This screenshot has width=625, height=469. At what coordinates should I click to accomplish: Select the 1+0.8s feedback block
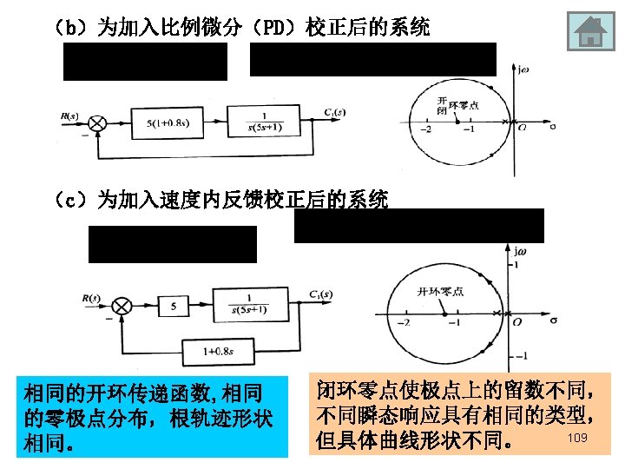coord(221,352)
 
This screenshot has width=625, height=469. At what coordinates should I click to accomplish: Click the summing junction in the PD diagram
coord(97,123)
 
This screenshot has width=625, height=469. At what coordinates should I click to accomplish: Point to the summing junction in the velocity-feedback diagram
coord(125,306)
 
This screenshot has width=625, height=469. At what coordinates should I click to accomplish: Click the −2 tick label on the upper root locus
coord(424,131)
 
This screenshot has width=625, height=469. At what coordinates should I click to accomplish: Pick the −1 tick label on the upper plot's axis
coord(469,131)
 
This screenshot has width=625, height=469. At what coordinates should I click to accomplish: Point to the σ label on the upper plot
coord(553,129)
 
